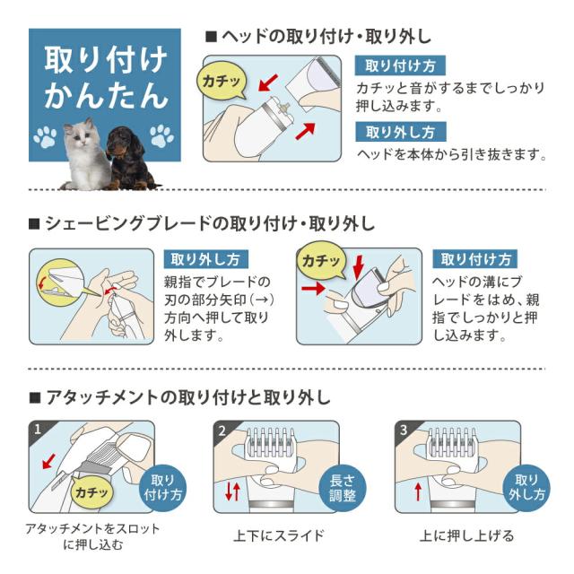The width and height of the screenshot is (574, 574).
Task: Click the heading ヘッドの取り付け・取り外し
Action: point(318,37)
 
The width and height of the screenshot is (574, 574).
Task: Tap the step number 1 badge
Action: point(38,430)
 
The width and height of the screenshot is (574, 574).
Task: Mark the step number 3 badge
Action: point(404,430)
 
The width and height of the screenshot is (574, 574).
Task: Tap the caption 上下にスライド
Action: point(278,536)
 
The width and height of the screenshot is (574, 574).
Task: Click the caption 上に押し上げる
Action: point(466,536)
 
